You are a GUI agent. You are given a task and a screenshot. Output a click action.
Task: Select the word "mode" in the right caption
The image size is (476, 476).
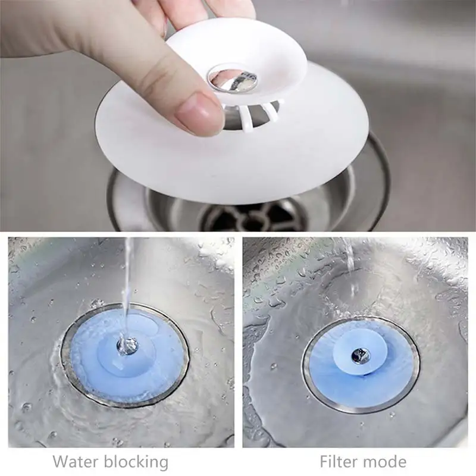386,461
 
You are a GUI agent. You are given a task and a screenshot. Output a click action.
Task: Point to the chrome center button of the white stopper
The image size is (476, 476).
236,81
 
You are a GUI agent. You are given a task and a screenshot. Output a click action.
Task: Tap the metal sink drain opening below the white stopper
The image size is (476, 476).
250,214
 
